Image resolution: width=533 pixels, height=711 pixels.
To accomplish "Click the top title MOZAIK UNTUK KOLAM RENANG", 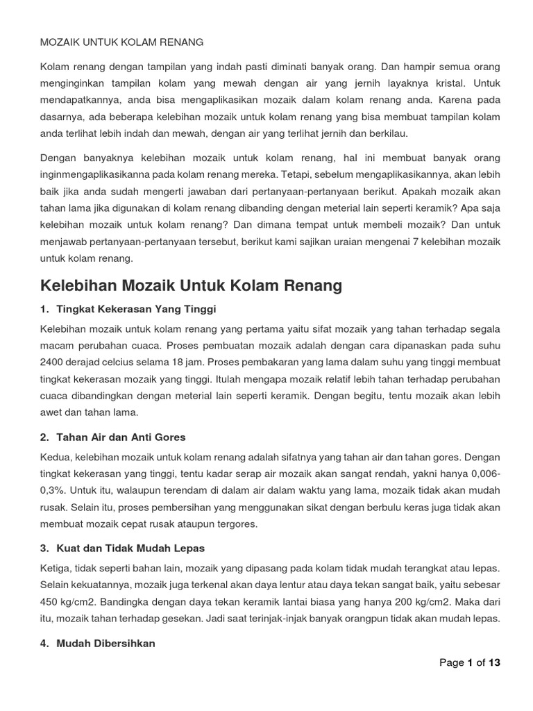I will (x=122, y=42).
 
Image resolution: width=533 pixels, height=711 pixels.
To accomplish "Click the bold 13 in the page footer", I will (x=494, y=662).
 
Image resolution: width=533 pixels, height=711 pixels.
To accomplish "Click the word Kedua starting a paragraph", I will (x=56, y=458).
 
